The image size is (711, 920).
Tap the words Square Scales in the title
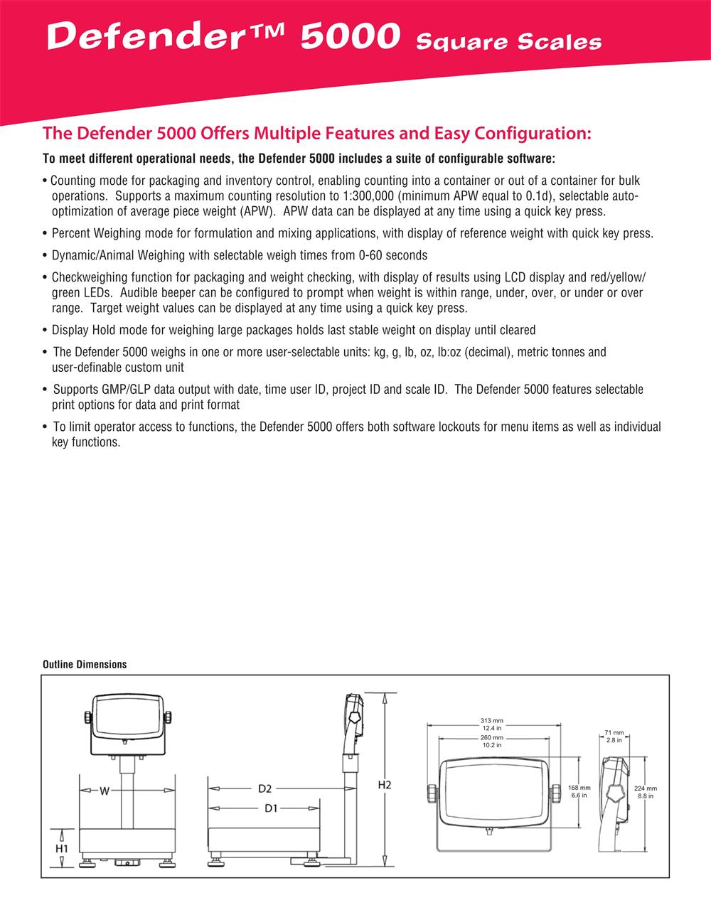click(508, 42)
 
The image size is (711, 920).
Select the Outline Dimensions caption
click(85, 664)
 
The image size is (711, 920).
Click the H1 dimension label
click(62, 848)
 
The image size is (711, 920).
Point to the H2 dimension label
click(385, 785)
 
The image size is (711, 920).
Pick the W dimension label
click(104, 789)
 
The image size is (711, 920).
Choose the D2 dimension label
click(265, 788)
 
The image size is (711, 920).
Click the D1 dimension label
click(270, 808)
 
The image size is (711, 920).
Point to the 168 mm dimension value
click(579, 788)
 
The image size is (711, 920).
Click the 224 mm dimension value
click(646, 788)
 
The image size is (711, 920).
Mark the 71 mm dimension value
click(614, 732)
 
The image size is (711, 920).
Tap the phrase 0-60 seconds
click(397, 255)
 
